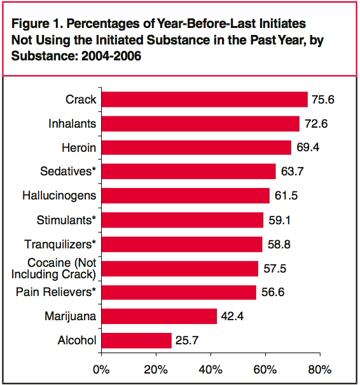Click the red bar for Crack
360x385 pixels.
coord(205,100)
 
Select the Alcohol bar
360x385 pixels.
coord(137,341)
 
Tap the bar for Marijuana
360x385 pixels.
coord(159,316)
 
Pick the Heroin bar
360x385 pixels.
coord(197,147)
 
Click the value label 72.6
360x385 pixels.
coord(316,123)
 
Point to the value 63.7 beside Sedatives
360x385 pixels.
coord(292,172)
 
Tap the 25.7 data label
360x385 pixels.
coord(187,341)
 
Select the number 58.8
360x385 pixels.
coord(279,245)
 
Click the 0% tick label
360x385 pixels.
coord(101,370)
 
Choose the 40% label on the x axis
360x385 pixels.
coord(211,370)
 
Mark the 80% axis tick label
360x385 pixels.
coord(320,370)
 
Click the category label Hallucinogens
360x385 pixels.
coord(59,196)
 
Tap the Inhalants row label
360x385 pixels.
coord(73,123)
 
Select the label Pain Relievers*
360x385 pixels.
coord(56,292)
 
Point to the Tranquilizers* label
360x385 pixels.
coord(60,245)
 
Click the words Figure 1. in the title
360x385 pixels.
coord(37,24)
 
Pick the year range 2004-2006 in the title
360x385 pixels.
coord(111,56)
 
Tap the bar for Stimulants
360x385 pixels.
coord(183,220)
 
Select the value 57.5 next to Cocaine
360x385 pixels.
coord(275,268)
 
